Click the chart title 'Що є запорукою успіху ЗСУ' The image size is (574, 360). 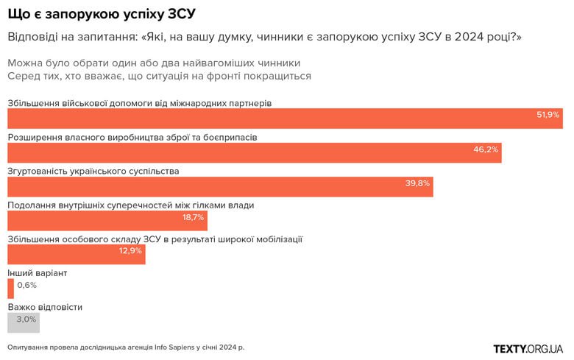[102, 14]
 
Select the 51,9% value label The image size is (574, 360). [548, 115]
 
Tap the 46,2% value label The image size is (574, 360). [486, 149]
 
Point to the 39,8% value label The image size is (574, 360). [417, 183]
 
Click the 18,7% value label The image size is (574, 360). [193, 217]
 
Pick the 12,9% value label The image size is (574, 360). [130, 251]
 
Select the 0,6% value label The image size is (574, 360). [26, 285]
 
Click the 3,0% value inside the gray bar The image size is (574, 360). [26, 320]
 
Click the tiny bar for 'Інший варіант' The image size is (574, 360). [10, 289]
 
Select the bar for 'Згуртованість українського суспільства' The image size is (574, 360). [220, 187]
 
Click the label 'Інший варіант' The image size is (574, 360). [38, 273]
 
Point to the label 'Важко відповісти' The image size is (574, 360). [45, 307]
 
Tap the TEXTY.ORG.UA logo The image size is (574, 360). [528, 347]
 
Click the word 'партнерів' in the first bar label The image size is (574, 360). [250, 103]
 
